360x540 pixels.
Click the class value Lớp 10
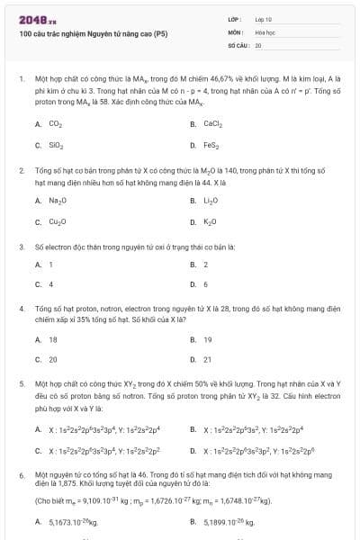[264, 18]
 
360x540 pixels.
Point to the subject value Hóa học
[265, 31]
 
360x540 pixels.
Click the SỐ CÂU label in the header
[238, 43]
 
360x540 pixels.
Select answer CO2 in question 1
[55, 123]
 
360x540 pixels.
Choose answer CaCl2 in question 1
[212, 123]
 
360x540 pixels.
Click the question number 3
[22, 246]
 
